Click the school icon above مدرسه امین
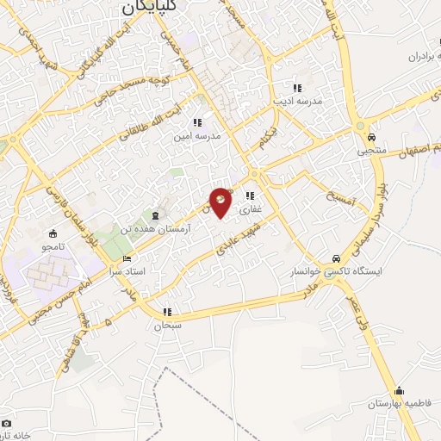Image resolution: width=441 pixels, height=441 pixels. (198, 122)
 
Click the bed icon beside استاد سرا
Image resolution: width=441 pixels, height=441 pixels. (128, 258)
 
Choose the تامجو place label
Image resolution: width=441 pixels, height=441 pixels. (53, 245)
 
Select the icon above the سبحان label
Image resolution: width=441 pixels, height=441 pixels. (167, 312)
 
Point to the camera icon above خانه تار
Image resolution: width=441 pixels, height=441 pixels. (7, 424)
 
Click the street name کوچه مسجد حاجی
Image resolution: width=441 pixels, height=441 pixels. (116, 84)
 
